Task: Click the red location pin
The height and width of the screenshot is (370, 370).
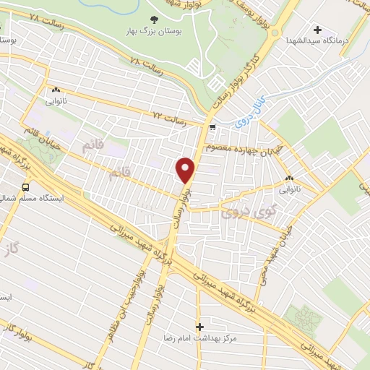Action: [186, 170]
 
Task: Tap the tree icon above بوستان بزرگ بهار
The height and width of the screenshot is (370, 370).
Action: [152, 20]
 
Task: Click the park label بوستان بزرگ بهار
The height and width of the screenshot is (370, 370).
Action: [152, 33]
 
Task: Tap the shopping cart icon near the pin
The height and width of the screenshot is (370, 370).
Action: [212, 128]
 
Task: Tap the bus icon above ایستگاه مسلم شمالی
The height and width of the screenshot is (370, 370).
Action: [27, 188]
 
